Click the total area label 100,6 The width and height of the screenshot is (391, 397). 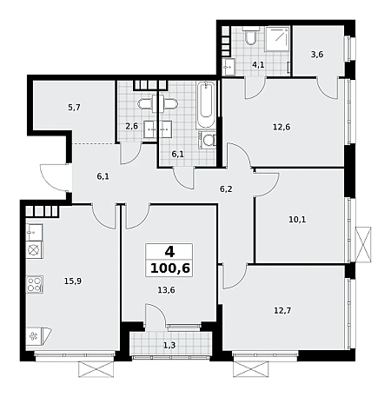(x=170, y=268)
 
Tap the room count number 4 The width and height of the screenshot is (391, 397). (x=169, y=252)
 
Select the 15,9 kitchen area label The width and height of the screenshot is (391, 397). (x=73, y=281)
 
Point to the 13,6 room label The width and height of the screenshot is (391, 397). (x=166, y=290)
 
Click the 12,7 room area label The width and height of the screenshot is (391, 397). (x=282, y=311)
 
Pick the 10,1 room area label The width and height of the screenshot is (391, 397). (x=297, y=220)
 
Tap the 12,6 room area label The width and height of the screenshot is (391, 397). (x=282, y=127)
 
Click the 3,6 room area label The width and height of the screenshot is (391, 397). (x=317, y=55)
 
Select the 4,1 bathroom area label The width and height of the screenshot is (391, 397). (x=258, y=65)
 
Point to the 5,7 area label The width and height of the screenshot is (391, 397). (x=74, y=108)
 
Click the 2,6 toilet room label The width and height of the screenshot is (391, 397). (x=131, y=127)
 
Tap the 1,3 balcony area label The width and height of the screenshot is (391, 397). (x=169, y=345)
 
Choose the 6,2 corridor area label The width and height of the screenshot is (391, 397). (x=226, y=189)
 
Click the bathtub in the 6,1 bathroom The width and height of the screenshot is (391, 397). (x=206, y=105)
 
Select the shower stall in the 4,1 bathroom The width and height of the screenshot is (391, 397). (x=277, y=39)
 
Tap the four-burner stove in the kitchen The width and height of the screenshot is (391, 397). (x=35, y=284)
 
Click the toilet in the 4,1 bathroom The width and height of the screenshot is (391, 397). (x=249, y=36)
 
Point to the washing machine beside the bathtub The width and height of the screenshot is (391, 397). (x=207, y=141)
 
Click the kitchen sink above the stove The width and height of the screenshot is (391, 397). (x=35, y=232)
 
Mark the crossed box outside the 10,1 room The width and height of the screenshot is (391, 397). (x=363, y=245)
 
